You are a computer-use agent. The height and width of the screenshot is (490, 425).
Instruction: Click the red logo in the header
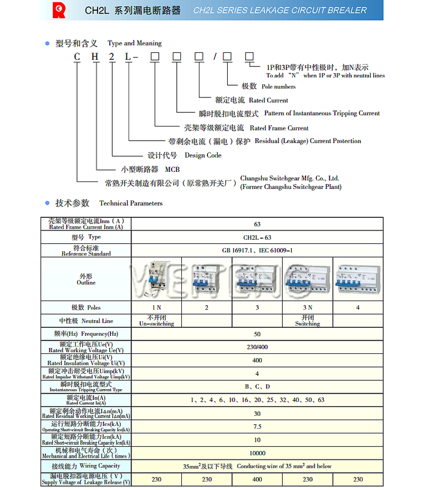tap(58, 10)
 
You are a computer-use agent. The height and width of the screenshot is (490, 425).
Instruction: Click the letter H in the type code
tap(96, 56)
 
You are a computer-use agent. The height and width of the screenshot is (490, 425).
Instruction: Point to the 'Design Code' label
tap(203, 155)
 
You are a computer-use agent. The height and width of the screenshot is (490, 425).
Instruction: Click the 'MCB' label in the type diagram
tap(172, 170)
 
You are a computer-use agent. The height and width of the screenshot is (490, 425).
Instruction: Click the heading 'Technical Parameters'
tap(131, 203)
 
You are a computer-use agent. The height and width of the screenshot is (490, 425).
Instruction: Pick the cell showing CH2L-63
tap(257, 238)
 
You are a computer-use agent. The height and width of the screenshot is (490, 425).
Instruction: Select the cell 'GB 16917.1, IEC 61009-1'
tap(257, 250)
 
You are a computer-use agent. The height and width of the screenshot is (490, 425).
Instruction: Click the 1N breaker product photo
tap(155, 280)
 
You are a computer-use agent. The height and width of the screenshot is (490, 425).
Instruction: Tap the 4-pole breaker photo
tap(358, 280)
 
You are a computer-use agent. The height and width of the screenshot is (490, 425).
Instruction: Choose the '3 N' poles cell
tap(307, 307)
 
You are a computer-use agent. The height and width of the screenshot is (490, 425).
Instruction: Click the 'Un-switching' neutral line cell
tap(155, 320)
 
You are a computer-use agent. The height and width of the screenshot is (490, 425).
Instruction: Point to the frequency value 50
tap(257, 334)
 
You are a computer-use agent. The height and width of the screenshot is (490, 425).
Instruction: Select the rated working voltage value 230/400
tap(257, 347)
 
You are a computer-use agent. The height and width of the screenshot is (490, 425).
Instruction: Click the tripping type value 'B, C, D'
tap(257, 387)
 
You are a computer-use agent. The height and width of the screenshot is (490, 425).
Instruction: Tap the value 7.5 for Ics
tap(257, 426)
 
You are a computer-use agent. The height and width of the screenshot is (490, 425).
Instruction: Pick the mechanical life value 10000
tap(257, 453)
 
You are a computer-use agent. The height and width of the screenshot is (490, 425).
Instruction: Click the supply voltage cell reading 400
tap(257, 479)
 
